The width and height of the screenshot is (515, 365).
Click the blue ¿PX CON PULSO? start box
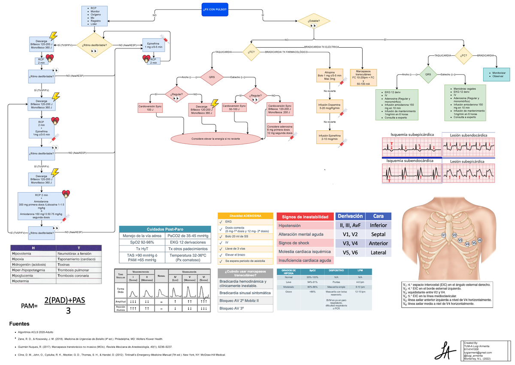pyautogui.click(x=215, y=9)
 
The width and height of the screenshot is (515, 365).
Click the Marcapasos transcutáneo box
pyautogui.click(x=363, y=78)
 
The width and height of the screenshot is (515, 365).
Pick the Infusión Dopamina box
pyautogui.click(x=329, y=107)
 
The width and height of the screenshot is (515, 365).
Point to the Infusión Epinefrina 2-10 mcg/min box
pyautogui.click(x=329, y=137)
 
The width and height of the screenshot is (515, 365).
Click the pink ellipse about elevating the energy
pyautogui.click(x=216, y=139)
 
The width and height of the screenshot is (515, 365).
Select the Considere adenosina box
pyautogui.click(x=280, y=130)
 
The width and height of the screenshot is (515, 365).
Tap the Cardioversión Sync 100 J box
pyautogui.click(x=149, y=108)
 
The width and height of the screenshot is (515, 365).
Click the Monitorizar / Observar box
pyautogui.click(x=497, y=74)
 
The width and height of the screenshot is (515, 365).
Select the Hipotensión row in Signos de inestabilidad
pyautogui.click(x=304, y=226)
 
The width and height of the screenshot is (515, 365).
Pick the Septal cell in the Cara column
pyautogui.click(x=378, y=234)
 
